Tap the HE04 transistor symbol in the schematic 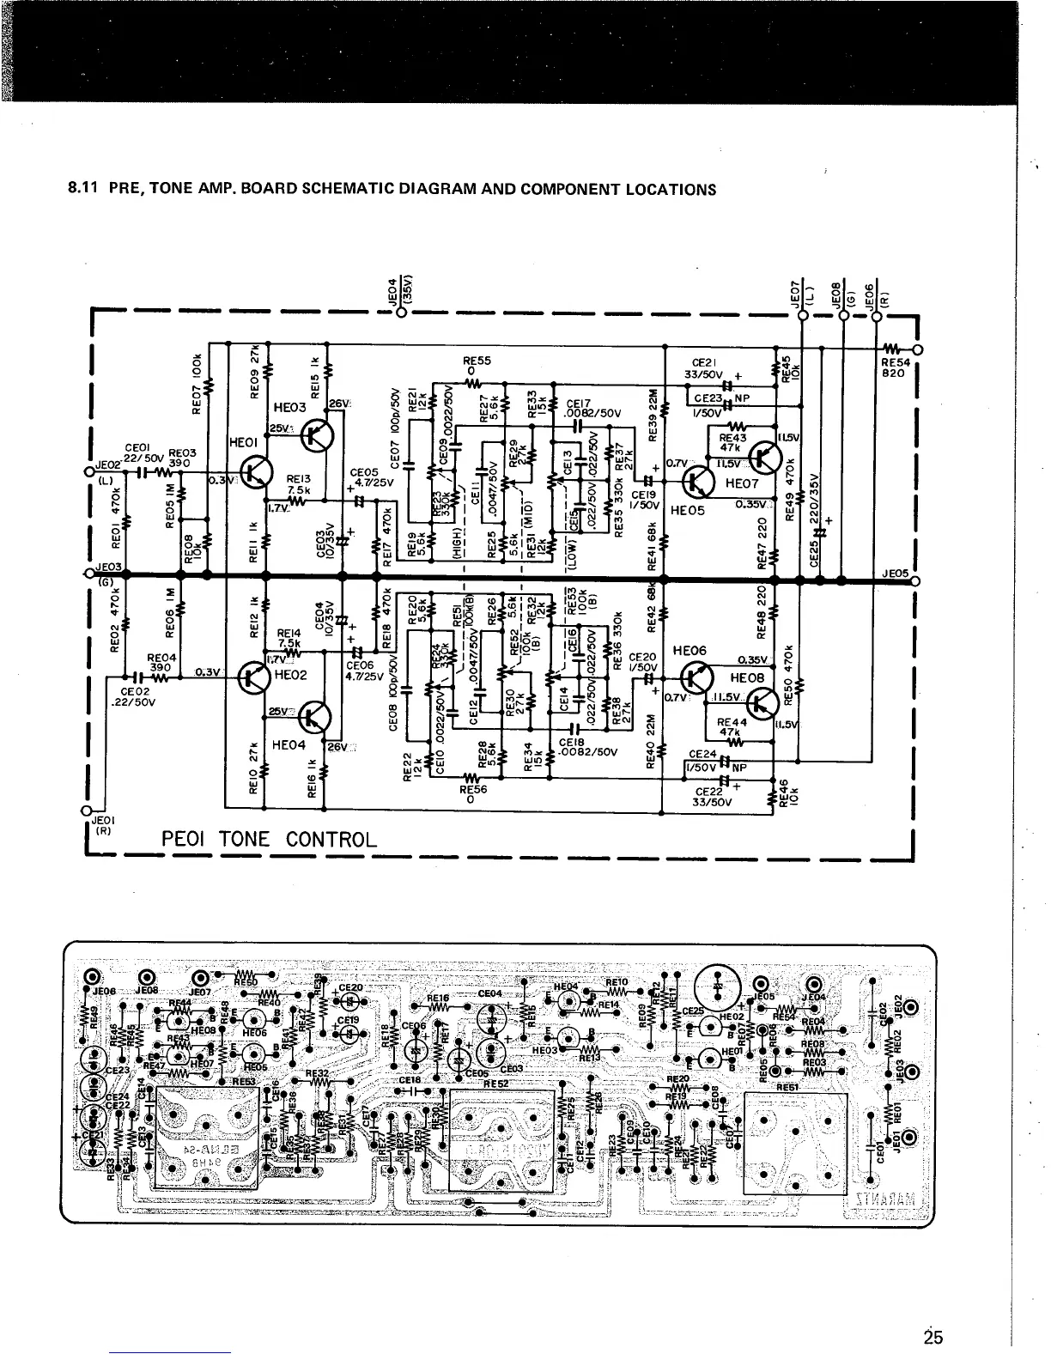pyautogui.click(x=317, y=714)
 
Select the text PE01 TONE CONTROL pyautogui.click(x=269, y=839)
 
